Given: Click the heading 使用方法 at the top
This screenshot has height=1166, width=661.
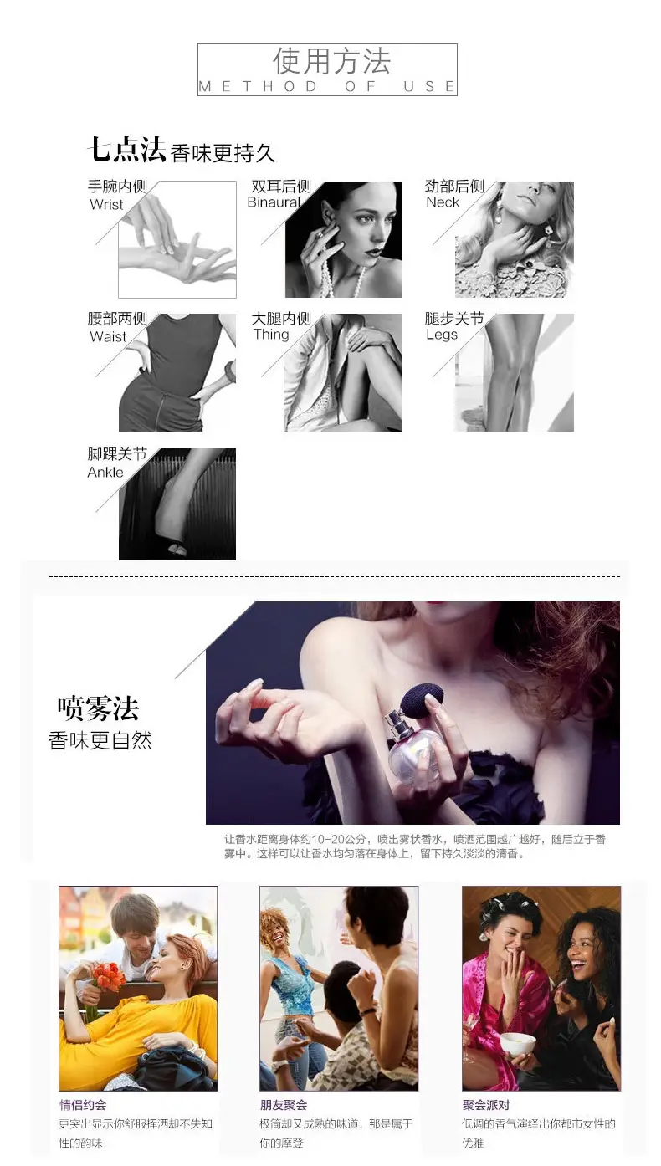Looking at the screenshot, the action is (331, 61).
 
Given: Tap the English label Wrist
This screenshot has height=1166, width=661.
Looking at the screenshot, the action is (106, 204).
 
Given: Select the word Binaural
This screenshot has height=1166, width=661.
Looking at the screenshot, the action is (274, 202).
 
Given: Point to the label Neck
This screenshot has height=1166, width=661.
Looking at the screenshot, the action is (443, 202).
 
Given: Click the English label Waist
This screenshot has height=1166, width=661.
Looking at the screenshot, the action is (108, 336).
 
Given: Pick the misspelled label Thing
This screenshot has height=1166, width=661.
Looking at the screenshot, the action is (271, 335).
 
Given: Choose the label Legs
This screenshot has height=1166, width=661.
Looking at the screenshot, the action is (442, 335).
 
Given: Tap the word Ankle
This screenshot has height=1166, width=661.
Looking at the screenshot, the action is (105, 472).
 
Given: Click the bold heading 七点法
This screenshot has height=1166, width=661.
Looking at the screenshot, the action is (126, 150).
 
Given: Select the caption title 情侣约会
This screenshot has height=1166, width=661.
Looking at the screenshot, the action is (83, 1105).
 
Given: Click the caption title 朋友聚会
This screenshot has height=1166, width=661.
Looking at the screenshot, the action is (284, 1105).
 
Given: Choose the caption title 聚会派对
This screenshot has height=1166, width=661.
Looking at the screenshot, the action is (486, 1105).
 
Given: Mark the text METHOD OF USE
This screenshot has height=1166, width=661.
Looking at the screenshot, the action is (327, 86).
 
